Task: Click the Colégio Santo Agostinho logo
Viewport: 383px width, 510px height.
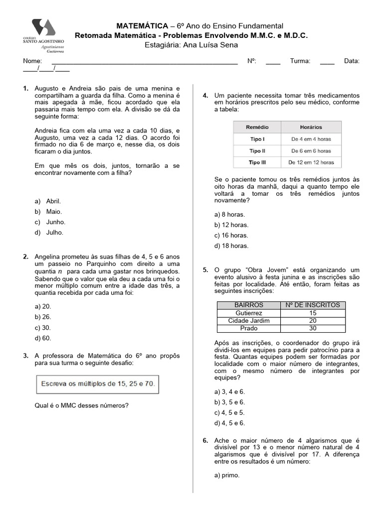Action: [47, 35]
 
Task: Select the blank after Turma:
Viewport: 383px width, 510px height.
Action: [327, 61]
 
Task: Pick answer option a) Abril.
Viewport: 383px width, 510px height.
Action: [48, 201]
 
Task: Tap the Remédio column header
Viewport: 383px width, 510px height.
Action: [257, 127]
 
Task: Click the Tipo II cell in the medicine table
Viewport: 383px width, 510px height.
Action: [257, 150]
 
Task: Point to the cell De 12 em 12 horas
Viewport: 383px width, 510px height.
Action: [311, 162]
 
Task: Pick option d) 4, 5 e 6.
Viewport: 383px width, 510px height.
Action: [229, 423]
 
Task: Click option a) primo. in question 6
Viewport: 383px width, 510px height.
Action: [227, 475]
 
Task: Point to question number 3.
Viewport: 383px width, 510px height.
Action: [25, 356]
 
